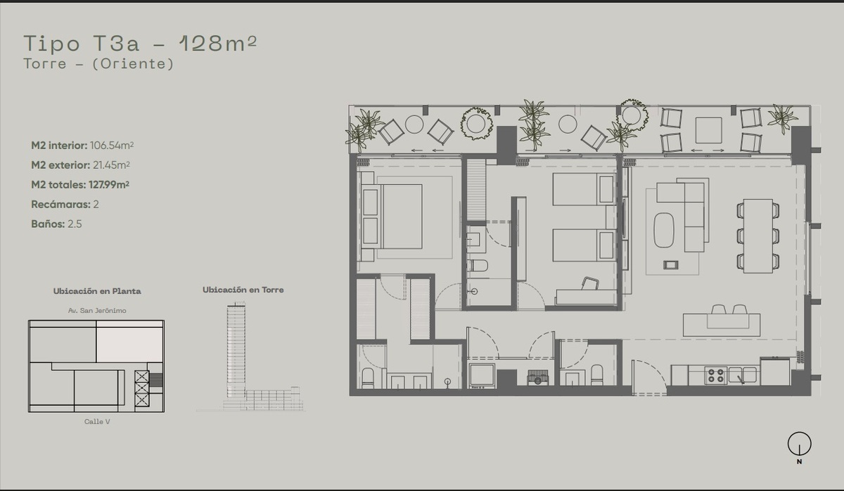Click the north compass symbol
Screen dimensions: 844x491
click(799, 444)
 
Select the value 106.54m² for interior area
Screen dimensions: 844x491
click(112, 146)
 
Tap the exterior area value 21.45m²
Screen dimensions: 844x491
click(112, 165)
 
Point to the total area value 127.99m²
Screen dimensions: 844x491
click(109, 184)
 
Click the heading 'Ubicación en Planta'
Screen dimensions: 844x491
click(97, 291)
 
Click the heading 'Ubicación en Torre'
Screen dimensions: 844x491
click(243, 290)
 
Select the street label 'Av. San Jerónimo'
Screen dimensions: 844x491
click(97, 310)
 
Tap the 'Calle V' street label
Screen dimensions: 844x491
click(97, 421)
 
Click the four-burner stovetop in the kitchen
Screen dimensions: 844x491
click(716, 376)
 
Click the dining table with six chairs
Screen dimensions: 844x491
click(758, 236)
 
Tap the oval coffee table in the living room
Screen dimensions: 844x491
click(664, 230)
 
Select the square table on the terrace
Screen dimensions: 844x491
click(709, 130)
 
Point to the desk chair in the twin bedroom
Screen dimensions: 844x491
click(590, 283)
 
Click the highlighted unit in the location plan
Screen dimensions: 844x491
click(130, 345)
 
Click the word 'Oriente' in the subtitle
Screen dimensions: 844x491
click(133, 64)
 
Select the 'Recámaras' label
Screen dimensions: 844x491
click(60, 204)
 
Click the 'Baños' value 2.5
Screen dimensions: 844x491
click(75, 224)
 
